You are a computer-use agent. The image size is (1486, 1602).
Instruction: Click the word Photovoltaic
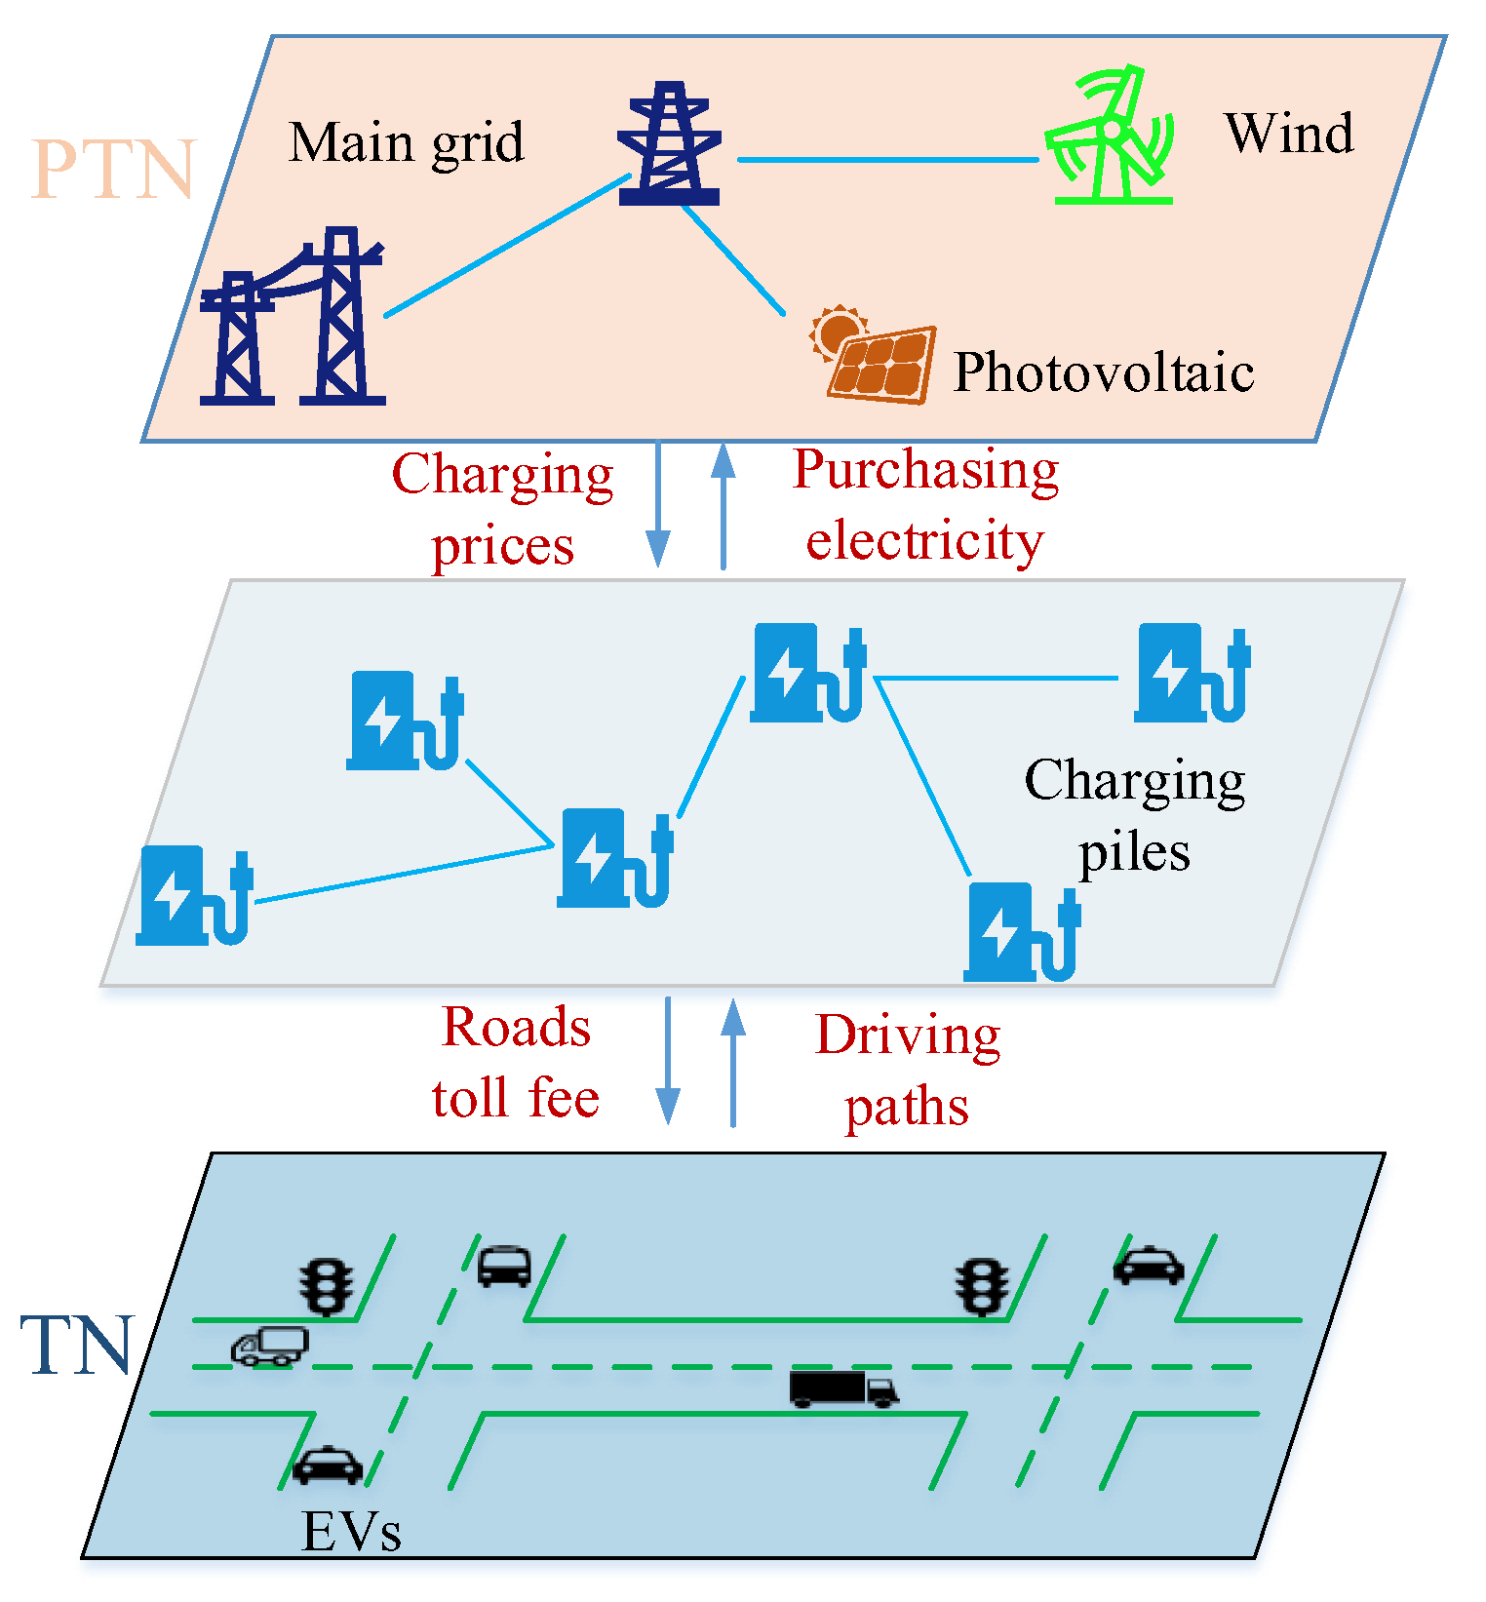[1103, 373]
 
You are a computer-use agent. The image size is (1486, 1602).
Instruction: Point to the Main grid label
[406, 143]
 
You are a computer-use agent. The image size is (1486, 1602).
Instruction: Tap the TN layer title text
[76, 1347]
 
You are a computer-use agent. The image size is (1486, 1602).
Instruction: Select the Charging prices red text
[502, 509]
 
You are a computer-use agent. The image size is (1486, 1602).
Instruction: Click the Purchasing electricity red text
[924, 505]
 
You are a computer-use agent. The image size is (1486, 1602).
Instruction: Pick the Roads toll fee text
[516, 1063]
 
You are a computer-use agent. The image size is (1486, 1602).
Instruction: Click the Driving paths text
[907, 1071]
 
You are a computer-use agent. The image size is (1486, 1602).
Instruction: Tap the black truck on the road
[842, 1388]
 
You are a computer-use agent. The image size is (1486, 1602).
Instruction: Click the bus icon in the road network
[504, 1266]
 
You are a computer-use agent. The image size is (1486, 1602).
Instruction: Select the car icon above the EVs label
[328, 1465]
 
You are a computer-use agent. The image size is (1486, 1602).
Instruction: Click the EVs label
[351, 1532]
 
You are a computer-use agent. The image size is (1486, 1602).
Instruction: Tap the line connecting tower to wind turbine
[887, 159]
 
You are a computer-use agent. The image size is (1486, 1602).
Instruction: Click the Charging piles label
[1134, 815]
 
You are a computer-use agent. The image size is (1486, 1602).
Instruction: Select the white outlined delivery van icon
[270, 1346]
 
